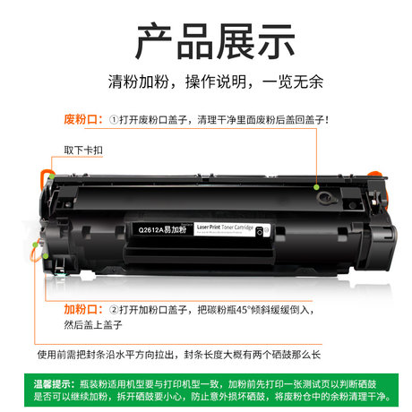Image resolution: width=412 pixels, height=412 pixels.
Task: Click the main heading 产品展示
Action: pyautogui.click(x=206, y=41)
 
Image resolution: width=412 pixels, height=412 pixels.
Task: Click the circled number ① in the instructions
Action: pyautogui.click(x=114, y=119)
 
